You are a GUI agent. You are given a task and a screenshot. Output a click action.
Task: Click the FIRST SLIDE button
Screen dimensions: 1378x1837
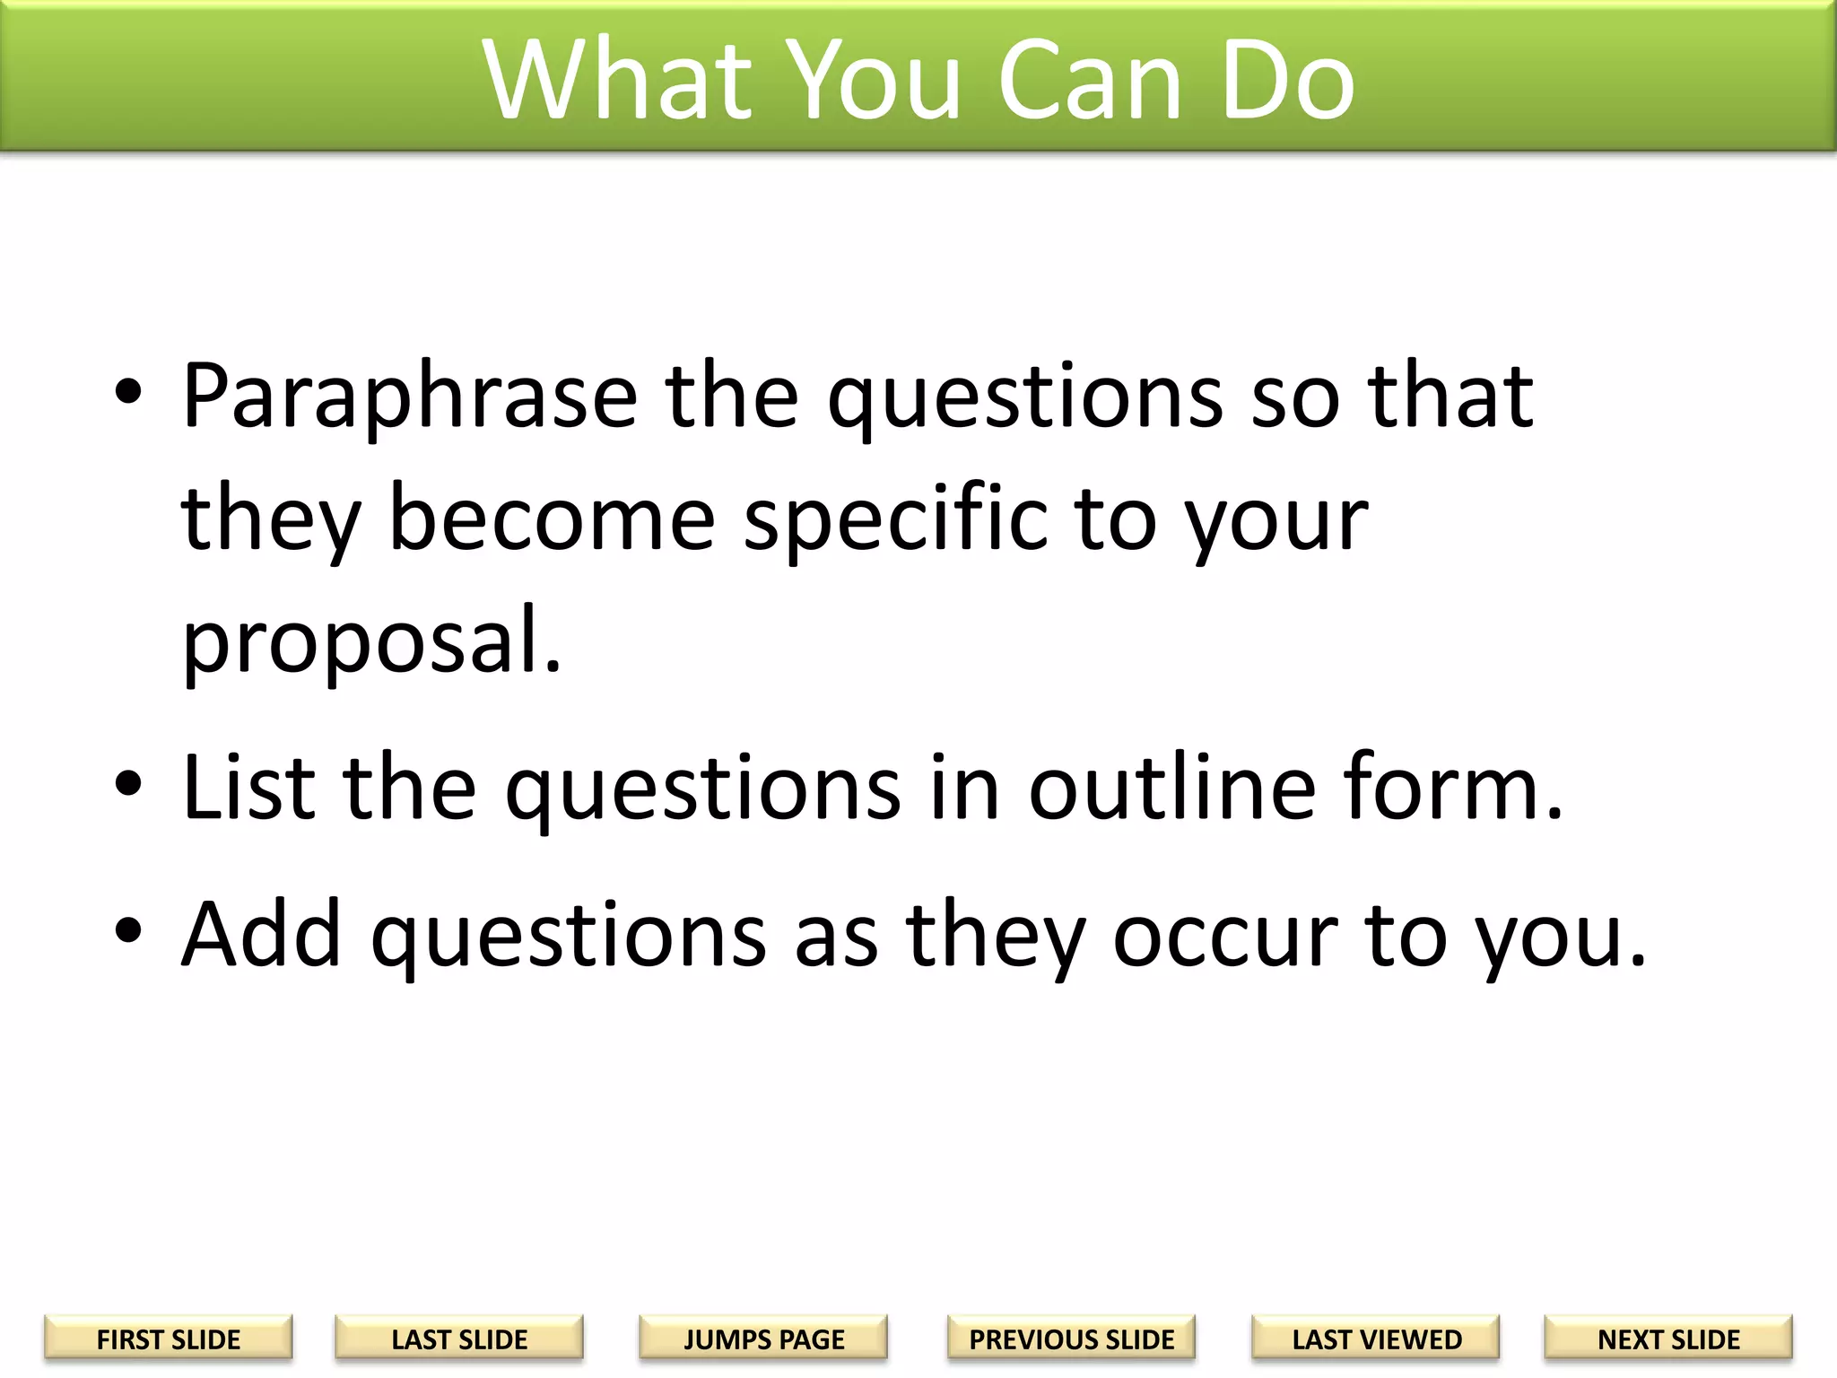pos(168,1339)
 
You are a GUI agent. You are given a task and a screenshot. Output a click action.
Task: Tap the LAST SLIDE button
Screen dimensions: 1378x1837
pos(459,1339)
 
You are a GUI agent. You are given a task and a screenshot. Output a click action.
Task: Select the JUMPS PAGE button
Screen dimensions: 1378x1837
pos(763,1339)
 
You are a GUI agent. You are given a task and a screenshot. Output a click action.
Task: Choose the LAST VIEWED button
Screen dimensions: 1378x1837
pos(1376,1339)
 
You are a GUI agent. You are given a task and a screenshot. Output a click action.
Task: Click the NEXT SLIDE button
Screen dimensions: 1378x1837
pos(1668,1339)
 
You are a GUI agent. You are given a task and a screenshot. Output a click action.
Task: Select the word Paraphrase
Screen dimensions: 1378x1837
pos(410,397)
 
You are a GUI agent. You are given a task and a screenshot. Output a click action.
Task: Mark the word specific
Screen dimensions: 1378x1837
pos(895,520)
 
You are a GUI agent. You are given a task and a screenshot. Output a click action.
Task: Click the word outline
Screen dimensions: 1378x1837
pos(1171,788)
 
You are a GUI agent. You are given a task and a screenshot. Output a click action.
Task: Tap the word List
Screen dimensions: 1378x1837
pos(248,788)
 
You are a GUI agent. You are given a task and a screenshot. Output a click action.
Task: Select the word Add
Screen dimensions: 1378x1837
pos(261,935)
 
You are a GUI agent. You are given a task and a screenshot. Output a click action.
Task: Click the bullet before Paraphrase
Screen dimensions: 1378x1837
pos(128,392)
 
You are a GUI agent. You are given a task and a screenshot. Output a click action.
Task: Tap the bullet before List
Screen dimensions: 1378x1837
pos(128,783)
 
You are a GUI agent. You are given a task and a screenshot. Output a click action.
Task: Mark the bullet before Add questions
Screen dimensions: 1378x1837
pos(128,930)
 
